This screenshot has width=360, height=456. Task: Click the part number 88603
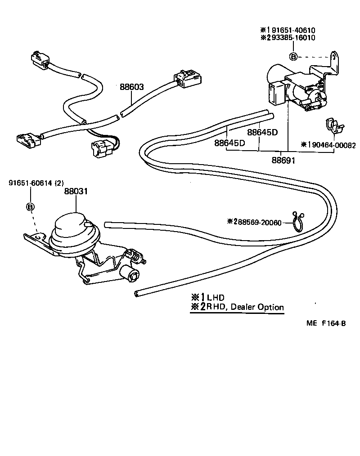pyautogui.click(x=131, y=87)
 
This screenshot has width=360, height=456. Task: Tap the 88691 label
pyautogui.click(x=283, y=160)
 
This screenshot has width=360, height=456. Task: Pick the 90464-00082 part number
pyautogui.click(x=331, y=145)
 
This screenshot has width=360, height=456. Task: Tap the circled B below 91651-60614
pyautogui.click(x=30, y=207)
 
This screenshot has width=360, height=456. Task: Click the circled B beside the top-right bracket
pyautogui.click(x=293, y=57)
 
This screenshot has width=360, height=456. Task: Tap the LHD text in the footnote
pyautogui.click(x=215, y=297)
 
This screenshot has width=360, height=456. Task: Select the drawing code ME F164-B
pyautogui.click(x=327, y=334)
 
